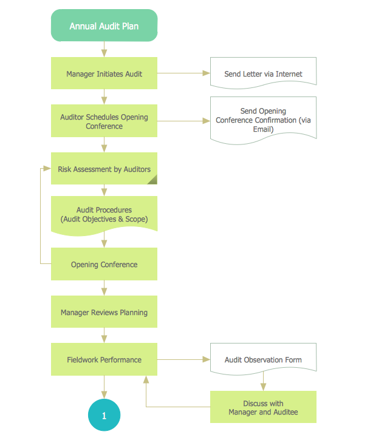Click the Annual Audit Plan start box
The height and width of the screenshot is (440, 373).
coord(104,26)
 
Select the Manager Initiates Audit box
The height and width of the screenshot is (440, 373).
coord(104,73)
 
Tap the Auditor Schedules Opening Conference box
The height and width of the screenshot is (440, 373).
coord(104,121)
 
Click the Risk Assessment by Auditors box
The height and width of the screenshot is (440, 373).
coord(104,169)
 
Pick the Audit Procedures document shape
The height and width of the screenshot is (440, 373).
coord(104,214)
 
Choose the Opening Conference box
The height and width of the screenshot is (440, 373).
coord(104,264)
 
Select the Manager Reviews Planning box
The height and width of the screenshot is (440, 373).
coord(104,312)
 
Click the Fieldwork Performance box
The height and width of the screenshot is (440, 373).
coord(104,359)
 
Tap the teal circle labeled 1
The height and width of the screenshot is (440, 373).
coord(104,416)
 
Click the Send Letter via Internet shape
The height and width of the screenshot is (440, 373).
coord(263,73)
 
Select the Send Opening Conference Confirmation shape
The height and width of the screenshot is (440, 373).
coord(263,120)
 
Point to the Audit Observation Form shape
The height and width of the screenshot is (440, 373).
coord(263,359)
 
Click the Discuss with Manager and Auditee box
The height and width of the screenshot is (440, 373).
coord(263,407)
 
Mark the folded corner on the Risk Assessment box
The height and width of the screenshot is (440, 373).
coord(152,179)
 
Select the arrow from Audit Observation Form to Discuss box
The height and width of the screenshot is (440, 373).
coord(263,382)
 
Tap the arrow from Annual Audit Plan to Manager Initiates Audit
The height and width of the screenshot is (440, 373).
coord(104,49)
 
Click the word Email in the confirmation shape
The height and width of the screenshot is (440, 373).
coord(263,129)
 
